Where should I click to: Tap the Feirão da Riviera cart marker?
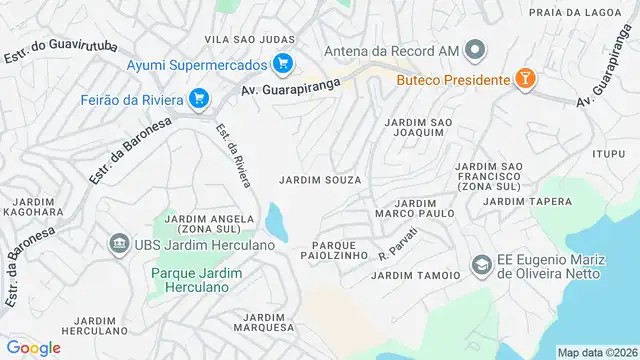(199, 98)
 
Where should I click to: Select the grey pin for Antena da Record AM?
(476, 49)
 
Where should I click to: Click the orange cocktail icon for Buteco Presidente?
(523, 79)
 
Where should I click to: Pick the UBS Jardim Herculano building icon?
(119, 245)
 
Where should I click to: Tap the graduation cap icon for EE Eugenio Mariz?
(481, 265)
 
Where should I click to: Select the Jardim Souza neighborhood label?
(320, 180)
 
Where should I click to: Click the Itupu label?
(607, 153)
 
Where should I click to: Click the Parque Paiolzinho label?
(329, 250)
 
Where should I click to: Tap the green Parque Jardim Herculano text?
(190, 279)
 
